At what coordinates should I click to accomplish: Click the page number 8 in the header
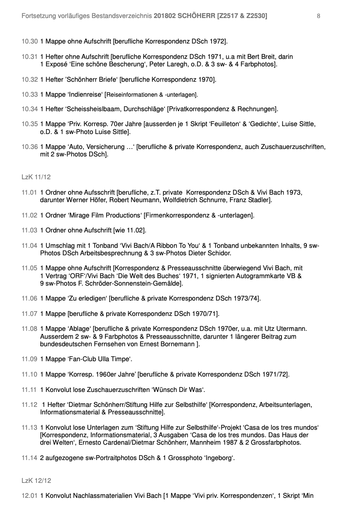coord(318,16)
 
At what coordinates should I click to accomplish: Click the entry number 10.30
coord(29,42)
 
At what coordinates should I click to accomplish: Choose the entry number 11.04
coord(29,246)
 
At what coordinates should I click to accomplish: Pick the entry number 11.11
coord(29,390)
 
